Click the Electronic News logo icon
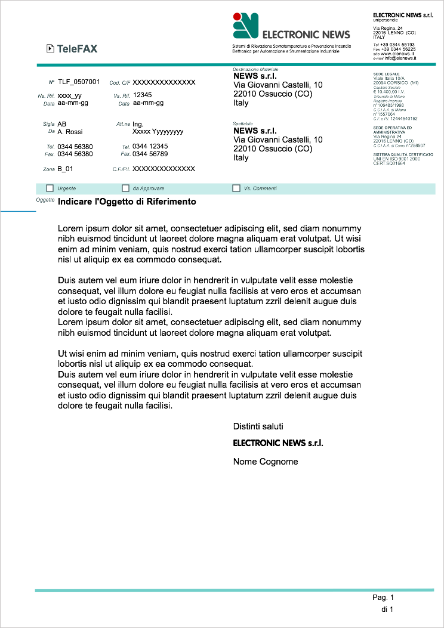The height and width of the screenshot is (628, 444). pyautogui.click(x=245, y=25)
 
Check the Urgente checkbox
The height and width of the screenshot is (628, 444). pyautogui.click(x=50, y=188)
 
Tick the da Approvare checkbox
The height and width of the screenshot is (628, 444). pyautogui.click(x=125, y=188)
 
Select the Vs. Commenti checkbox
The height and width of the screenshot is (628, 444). pyautogui.click(x=236, y=188)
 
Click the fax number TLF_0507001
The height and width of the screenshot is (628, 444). pyautogui.click(x=79, y=82)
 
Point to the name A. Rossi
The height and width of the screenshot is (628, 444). pyautogui.click(x=70, y=132)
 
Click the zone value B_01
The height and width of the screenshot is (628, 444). pyautogui.click(x=65, y=169)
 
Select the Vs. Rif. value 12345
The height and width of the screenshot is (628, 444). pyautogui.click(x=142, y=95)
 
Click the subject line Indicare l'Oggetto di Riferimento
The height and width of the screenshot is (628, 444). pyautogui.click(x=127, y=202)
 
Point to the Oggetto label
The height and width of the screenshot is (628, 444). pyautogui.click(x=45, y=200)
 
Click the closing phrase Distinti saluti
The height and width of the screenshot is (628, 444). pyautogui.click(x=258, y=426)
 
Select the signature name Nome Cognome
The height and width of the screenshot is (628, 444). pyautogui.click(x=266, y=462)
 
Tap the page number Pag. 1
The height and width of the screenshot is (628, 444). pyautogui.click(x=383, y=598)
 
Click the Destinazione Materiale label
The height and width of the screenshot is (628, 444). pyautogui.click(x=255, y=70)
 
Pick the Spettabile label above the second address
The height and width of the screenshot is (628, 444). pyautogui.click(x=243, y=123)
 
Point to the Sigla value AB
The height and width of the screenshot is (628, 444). pyautogui.click(x=62, y=124)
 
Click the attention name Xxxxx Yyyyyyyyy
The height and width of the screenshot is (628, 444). pyautogui.click(x=158, y=132)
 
